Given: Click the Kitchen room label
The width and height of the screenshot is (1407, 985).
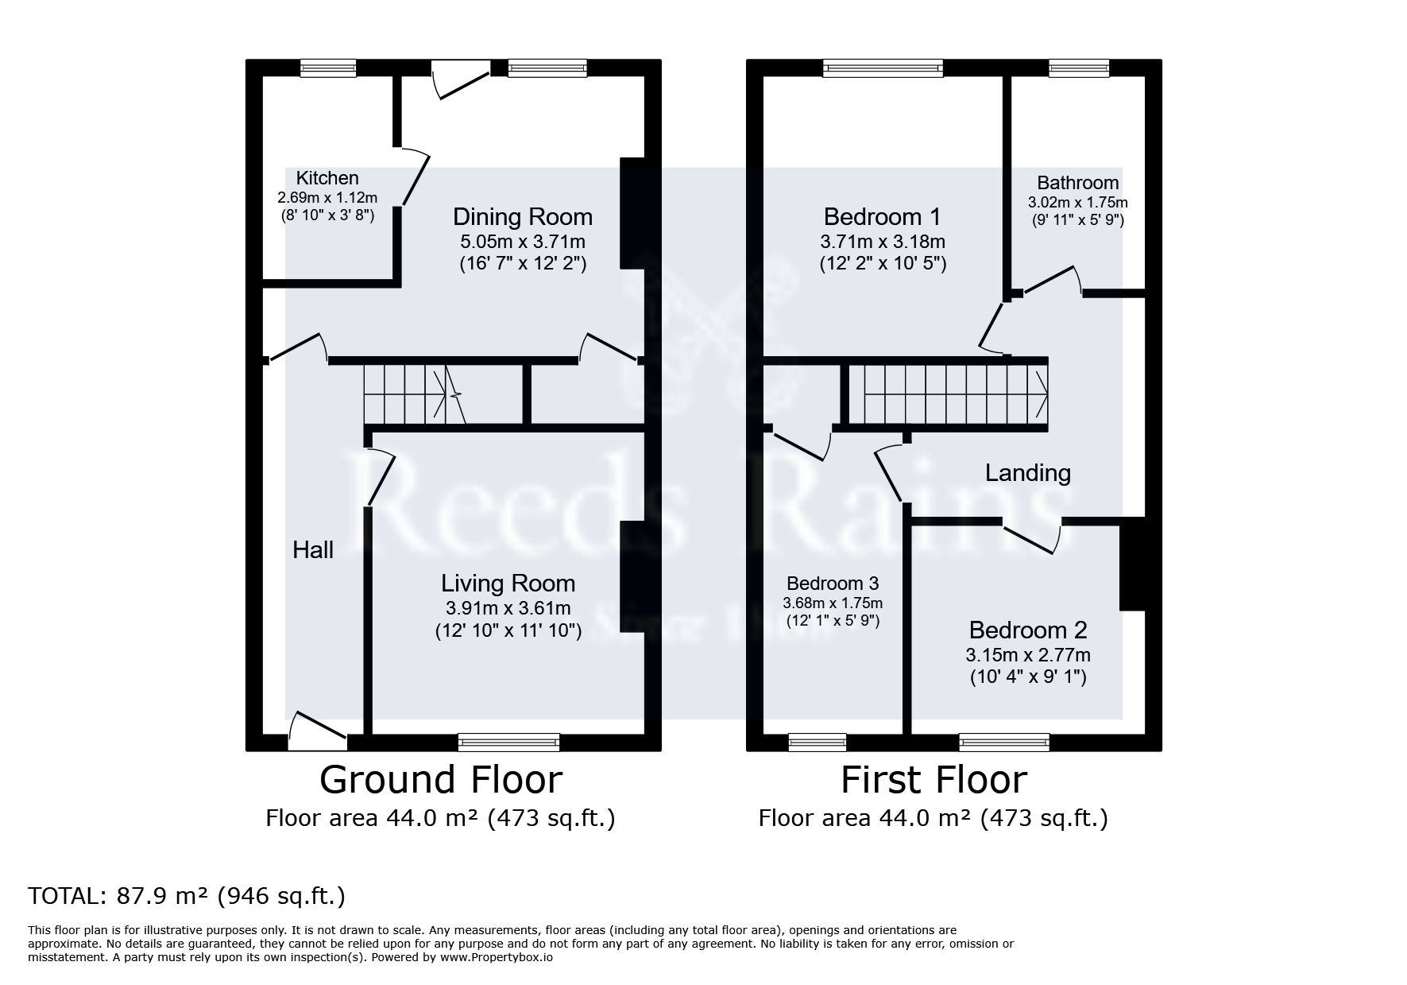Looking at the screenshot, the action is [x=327, y=178].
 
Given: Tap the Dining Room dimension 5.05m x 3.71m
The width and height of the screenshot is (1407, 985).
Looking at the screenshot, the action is [x=523, y=241].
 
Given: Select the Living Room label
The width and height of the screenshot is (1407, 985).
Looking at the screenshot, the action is [x=508, y=584].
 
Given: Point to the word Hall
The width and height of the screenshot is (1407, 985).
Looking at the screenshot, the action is [x=313, y=549].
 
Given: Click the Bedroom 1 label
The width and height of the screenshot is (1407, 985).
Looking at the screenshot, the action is [x=883, y=216].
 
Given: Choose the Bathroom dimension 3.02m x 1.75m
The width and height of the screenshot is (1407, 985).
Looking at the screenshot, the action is [x=1078, y=203].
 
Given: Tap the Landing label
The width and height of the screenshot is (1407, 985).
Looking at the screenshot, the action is [x=1028, y=473].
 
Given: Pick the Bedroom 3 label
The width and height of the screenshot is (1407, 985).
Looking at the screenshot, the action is [x=833, y=584].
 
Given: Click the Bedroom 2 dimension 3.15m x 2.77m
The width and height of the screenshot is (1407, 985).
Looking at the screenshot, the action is [x=1028, y=655].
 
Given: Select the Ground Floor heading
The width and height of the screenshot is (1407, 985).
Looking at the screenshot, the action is [x=441, y=779].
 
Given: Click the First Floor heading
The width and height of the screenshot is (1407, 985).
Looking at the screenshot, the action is [x=934, y=779].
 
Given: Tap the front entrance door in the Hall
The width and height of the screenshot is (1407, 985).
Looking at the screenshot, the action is [x=318, y=732].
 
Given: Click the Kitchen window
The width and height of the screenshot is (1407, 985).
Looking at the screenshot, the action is [x=328, y=68].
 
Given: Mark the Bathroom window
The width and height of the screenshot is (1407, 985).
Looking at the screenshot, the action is [x=1079, y=68].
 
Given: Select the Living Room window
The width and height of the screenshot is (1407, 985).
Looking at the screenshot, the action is [x=509, y=743].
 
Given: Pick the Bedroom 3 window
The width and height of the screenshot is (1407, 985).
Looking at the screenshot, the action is [x=818, y=743].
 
